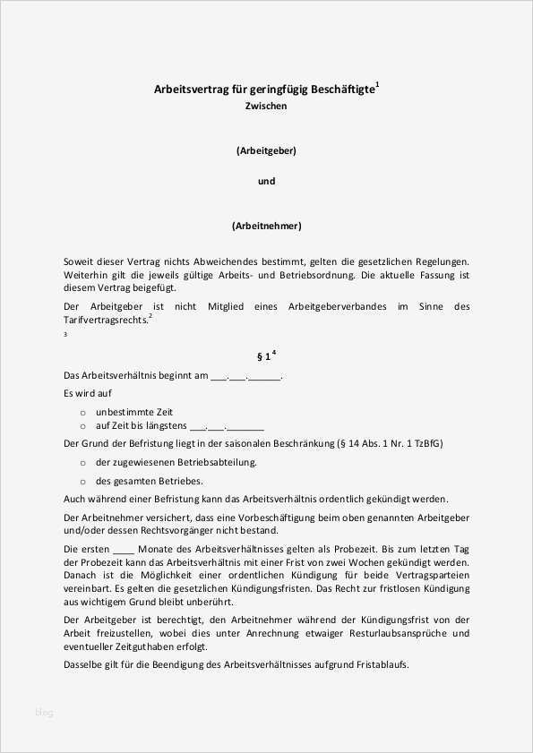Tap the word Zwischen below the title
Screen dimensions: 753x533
(266, 106)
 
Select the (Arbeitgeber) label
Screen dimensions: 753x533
(266, 150)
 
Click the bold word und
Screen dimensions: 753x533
(266, 181)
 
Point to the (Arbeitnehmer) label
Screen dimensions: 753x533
(266, 226)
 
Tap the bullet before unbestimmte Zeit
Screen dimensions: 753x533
(82, 411)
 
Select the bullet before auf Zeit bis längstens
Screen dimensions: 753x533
(82, 426)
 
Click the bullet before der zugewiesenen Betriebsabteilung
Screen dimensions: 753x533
(82, 463)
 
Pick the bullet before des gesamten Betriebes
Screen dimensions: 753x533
(82, 481)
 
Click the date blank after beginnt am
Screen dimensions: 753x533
(245, 377)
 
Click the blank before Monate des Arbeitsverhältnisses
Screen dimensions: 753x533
(125, 548)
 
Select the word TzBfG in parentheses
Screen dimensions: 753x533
(427, 444)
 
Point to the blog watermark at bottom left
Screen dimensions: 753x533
(44, 713)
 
